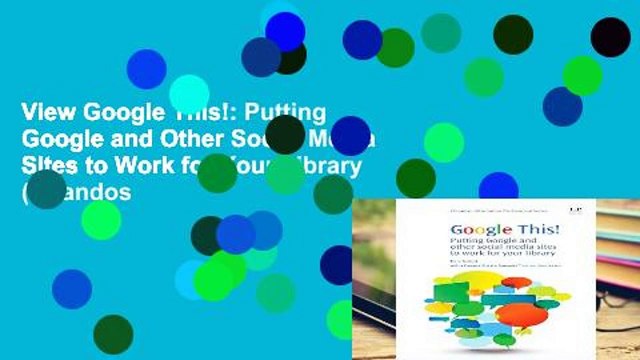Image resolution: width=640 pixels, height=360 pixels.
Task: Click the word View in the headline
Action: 30,112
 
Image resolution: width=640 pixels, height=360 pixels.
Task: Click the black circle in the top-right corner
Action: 610,37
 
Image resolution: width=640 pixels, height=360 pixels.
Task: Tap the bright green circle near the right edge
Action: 582,75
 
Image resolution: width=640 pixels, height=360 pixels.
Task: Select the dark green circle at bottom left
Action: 113,334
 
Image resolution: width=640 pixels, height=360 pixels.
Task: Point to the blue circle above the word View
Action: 146,68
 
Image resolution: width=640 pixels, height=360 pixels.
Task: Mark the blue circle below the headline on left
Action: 72,288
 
